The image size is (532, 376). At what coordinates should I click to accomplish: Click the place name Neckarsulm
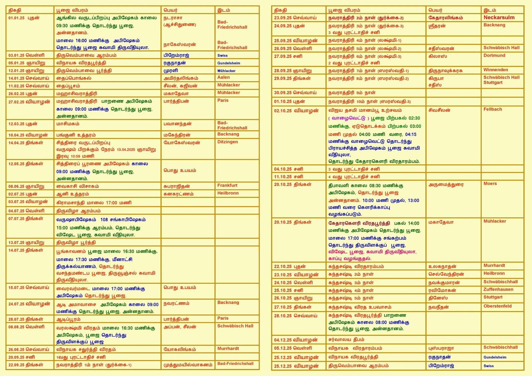point(499,18)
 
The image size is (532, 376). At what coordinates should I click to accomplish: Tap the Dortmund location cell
point(494,56)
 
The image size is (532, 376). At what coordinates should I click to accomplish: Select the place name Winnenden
point(495,70)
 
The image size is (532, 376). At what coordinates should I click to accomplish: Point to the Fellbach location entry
point(492,109)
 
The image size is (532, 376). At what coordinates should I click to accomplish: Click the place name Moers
point(490,184)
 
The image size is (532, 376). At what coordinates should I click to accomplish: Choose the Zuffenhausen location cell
point(498,289)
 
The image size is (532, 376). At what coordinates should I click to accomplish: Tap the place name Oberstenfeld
point(497,306)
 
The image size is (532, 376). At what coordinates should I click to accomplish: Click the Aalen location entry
point(223,77)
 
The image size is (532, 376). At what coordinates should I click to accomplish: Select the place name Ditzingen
point(227,142)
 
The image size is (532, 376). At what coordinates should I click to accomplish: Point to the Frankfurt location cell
point(227,185)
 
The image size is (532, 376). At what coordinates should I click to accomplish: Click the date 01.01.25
point(16,18)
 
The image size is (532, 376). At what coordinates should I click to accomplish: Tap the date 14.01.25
point(16,78)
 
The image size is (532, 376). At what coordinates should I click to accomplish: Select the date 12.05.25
point(16,164)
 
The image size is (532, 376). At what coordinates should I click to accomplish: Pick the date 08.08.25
point(16,327)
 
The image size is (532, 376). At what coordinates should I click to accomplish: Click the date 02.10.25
point(283,111)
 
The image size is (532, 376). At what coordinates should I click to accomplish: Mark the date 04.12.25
point(283,340)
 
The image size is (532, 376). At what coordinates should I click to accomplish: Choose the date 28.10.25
point(283,316)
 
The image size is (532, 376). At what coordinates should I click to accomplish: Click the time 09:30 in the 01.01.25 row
point(62,26)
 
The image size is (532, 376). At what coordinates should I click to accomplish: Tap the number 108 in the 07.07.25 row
point(104,220)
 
